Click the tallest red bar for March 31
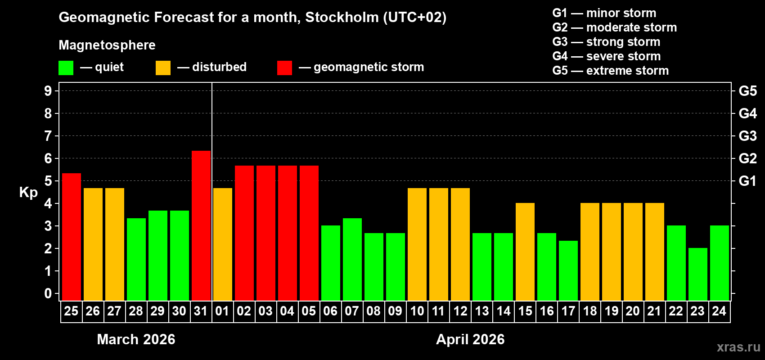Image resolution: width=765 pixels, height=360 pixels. tap(201, 225)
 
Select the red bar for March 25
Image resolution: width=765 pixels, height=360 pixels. tap(72, 237)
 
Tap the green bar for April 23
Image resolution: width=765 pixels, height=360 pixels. tap(698, 274)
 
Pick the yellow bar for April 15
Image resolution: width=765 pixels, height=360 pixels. tap(525, 252)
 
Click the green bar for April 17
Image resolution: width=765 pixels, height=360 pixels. tap(568, 270)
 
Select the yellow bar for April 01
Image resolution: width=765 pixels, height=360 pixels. tap(223, 244)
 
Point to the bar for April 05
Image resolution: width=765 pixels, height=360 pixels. tap(309, 233)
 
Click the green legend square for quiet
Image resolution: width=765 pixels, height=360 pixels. tap(66, 68)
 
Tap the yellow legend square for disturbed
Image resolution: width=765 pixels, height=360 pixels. tap(163, 68)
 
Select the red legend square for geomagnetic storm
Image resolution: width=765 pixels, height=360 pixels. tap(284, 68)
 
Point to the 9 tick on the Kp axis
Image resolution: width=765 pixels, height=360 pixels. tap(48, 91)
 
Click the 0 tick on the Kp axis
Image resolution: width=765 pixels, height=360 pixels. tap(48, 294)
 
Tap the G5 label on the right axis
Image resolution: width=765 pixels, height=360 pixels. tap(747, 91)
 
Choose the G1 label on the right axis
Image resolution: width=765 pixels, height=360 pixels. tap(747, 181)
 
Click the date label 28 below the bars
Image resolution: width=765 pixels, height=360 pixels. tap(136, 311)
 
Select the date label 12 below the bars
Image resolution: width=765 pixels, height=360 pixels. tap(460, 311)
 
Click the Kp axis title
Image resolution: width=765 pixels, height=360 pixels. tap(28, 192)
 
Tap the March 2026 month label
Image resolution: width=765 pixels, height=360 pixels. tap(136, 339)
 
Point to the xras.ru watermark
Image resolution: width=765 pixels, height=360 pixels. tap(738, 346)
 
